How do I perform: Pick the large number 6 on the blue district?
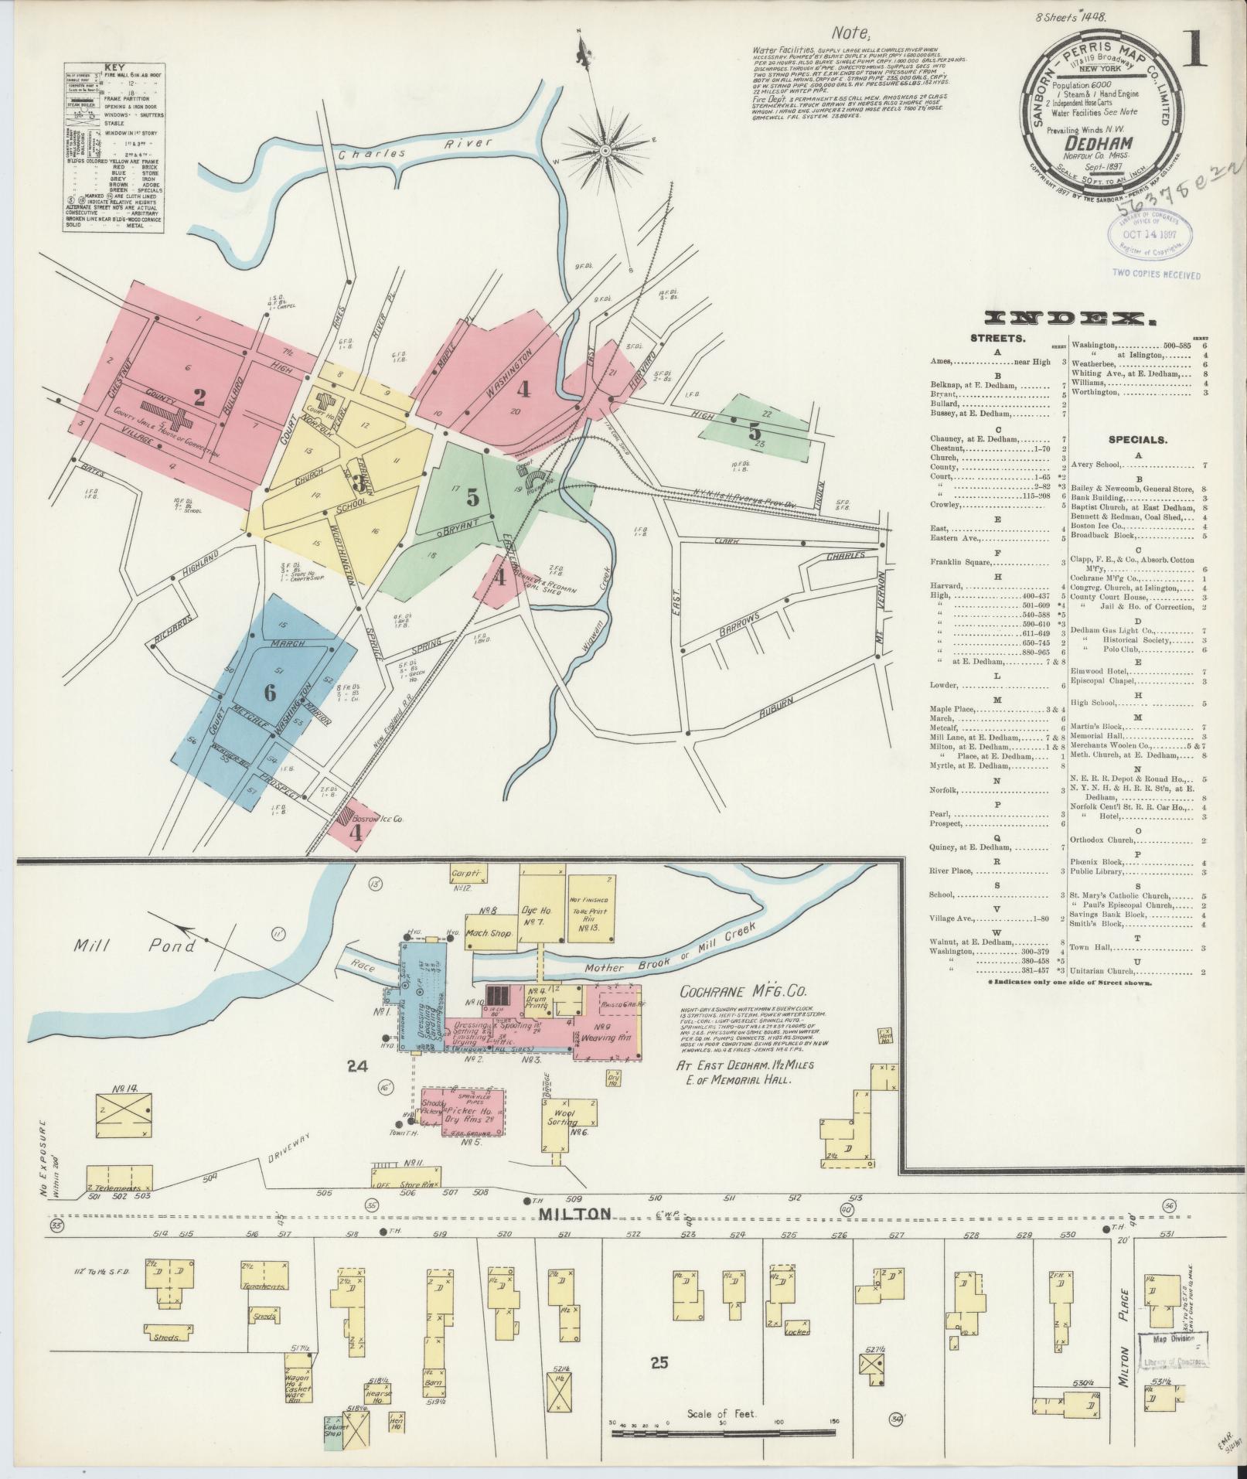(x=269, y=693)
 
